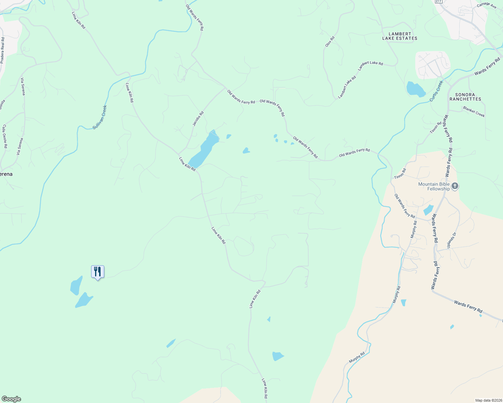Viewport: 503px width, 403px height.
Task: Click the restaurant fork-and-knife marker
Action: (x=98, y=272)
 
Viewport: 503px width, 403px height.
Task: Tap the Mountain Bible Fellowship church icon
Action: (x=455, y=186)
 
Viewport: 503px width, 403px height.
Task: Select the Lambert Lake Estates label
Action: (x=399, y=36)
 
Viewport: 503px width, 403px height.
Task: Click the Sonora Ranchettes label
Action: (x=465, y=97)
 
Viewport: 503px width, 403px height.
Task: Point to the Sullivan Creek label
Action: (x=100, y=117)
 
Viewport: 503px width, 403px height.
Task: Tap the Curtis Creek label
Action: (x=436, y=91)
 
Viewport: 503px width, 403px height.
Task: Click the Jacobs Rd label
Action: (x=198, y=119)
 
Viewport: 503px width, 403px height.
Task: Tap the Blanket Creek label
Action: (x=474, y=111)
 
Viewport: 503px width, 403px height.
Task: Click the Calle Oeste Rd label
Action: (x=5, y=136)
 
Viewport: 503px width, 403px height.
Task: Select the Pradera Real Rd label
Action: (x=2, y=50)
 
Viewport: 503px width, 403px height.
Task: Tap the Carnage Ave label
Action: (x=487, y=5)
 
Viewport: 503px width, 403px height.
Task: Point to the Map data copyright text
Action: (x=489, y=400)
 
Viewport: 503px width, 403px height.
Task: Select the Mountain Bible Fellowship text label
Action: (x=434, y=186)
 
